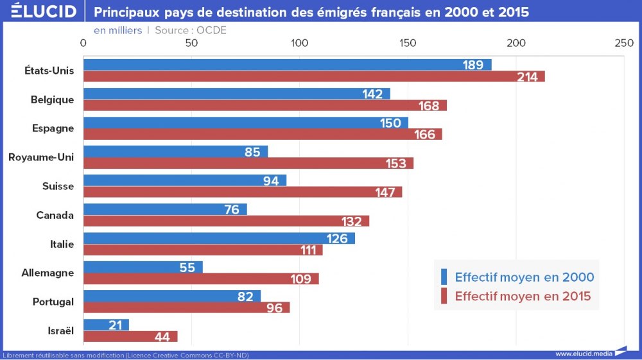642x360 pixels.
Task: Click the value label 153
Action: [x=396, y=164]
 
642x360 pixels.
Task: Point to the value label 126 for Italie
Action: [x=337, y=239]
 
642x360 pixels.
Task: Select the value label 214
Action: [x=527, y=77]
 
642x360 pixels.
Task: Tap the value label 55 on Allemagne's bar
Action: [x=187, y=268]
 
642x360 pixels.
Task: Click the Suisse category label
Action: [x=58, y=186]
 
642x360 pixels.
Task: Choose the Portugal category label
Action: [x=53, y=302]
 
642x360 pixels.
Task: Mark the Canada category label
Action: [x=55, y=215]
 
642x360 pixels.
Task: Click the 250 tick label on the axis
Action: [x=623, y=43]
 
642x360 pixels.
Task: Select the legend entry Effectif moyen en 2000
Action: [x=524, y=277]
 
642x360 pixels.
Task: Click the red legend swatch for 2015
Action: [x=443, y=296]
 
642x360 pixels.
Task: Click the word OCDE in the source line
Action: [x=211, y=30]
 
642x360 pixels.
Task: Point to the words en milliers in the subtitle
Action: [x=118, y=30]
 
